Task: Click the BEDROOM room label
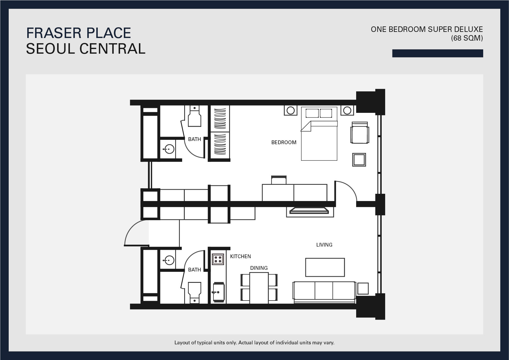[x=284, y=142]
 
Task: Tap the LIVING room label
[x=324, y=245]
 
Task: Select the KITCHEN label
[x=240, y=256]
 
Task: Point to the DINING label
[x=259, y=268]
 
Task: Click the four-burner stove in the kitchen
[x=218, y=259]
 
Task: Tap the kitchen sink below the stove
[x=218, y=292]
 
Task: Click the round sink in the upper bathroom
[x=169, y=149]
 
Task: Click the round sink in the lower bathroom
[x=169, y=260]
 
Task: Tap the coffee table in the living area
[x=325, y=267]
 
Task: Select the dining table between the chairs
[x=259, y=288]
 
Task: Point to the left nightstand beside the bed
[x=291, y=110]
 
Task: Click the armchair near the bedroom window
[x=360, y=133]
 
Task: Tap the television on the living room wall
[x=310, y=211]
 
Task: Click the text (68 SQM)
[x=467, y=38]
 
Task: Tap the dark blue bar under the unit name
[x=438, y=53]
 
